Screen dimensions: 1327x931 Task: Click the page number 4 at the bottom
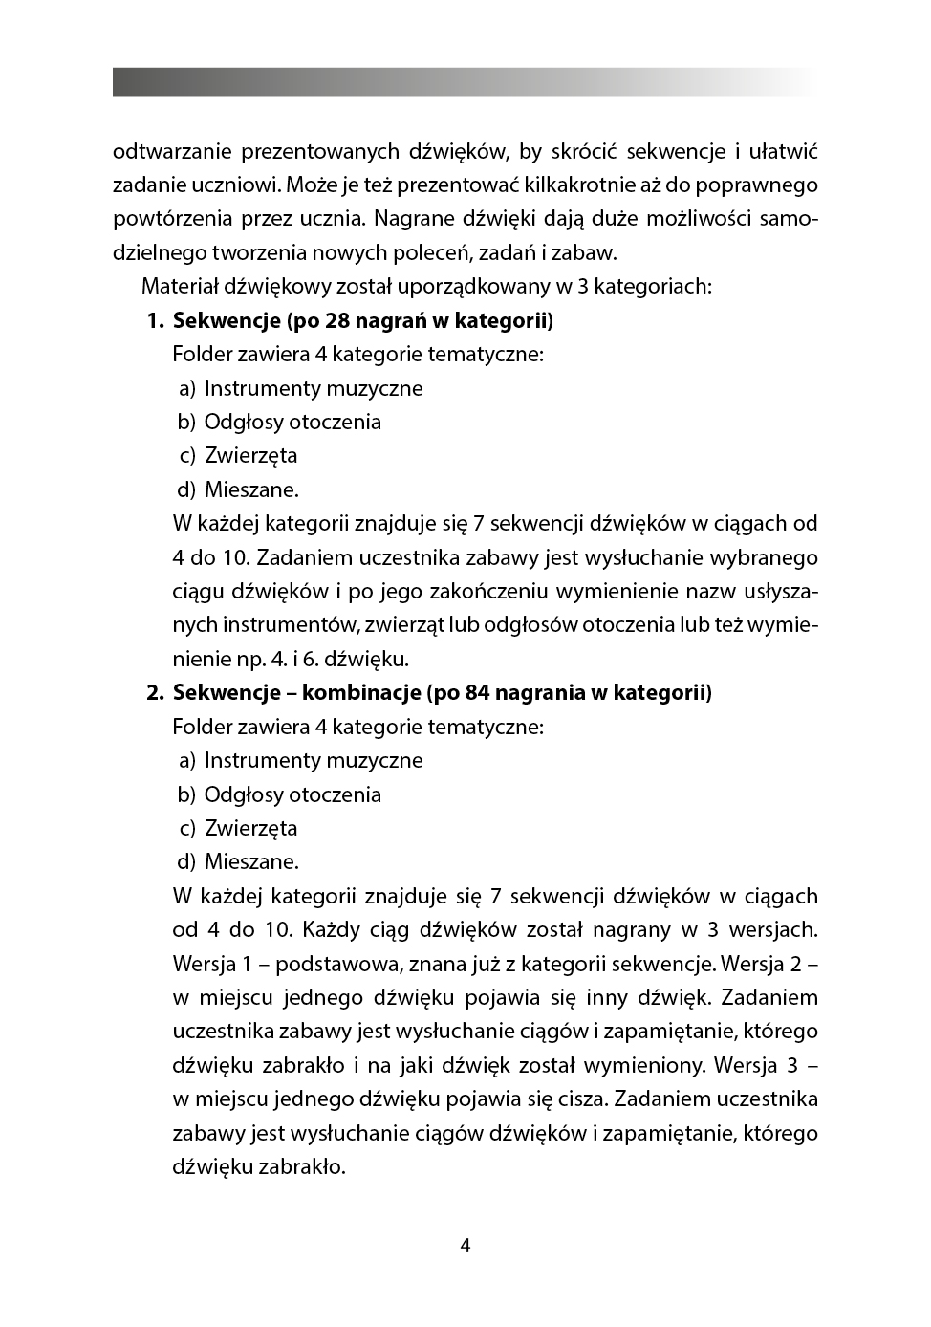click(465, 1245)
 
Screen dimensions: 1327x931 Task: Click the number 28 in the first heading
click(338, 320)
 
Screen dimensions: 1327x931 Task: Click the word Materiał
click(181, 286)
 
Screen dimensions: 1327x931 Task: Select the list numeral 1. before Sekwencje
click(156, 320)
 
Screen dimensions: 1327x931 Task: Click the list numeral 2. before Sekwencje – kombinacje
click(156, 692)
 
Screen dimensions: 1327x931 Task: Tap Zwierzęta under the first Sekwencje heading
click(250, 455)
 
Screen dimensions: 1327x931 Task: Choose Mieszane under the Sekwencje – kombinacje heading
click(251, 861)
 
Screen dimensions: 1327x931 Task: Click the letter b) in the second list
click(185, 794)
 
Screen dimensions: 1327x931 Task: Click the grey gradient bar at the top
click(465, 81)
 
